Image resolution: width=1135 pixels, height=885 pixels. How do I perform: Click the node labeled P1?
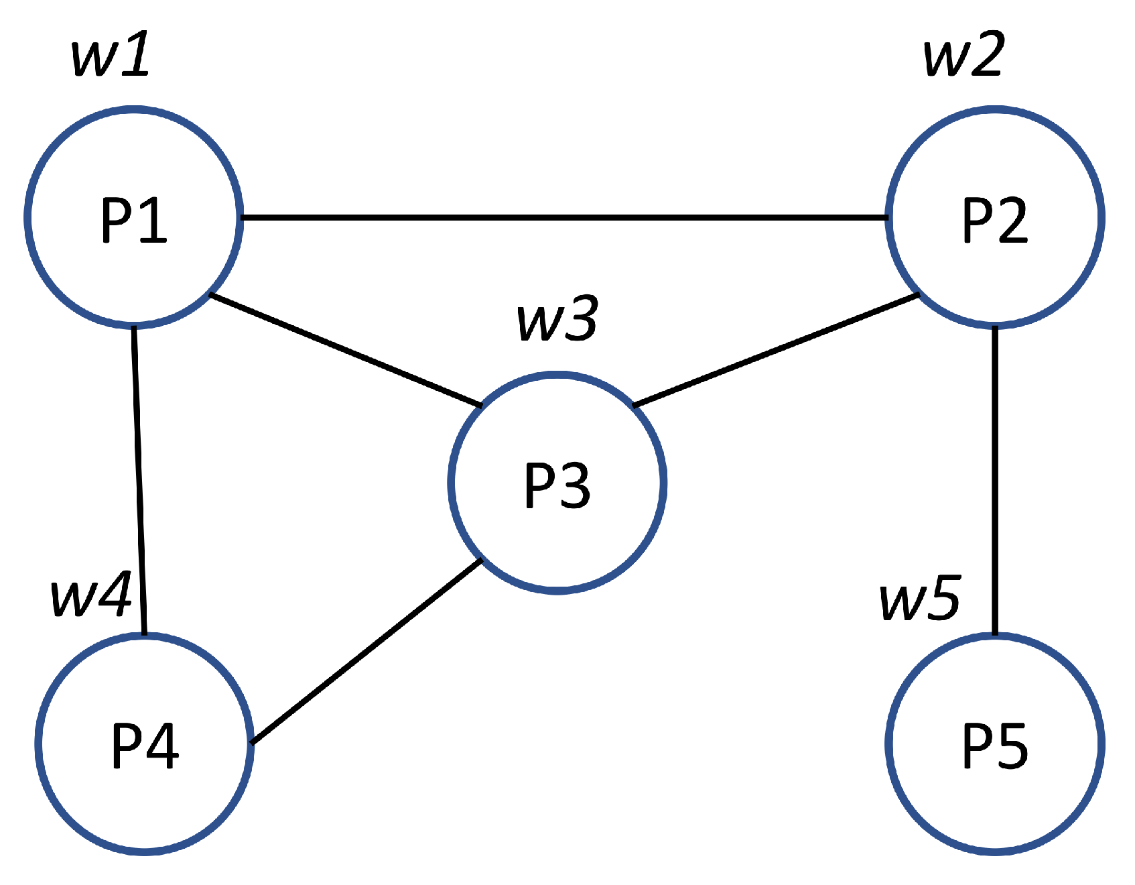click(134, 218)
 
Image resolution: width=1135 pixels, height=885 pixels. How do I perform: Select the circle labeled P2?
click(994, 218)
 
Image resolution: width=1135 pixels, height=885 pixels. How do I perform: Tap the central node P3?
click(557, 483)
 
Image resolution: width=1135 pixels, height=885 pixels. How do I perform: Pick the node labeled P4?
click(144, 744)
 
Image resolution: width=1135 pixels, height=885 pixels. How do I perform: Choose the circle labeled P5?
click(994, 744)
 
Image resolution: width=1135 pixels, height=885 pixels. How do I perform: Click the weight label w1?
click(111, 56)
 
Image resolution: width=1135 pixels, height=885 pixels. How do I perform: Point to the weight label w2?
click(964, 54)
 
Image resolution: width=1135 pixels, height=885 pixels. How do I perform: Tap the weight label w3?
click(557, 319)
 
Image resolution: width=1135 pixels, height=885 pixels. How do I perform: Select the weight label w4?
click(90, 595)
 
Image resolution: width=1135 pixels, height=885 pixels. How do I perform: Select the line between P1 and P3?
click(345, 350)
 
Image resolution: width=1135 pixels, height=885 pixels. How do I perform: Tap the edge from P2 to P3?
click(775, 350)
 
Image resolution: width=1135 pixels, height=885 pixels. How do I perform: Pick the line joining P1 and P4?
click(139, 479)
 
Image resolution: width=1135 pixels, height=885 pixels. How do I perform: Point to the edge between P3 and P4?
click(366, 652)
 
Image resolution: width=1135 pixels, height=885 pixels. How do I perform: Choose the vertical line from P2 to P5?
click(994, 479)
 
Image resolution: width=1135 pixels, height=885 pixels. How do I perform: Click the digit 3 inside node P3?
click(576, 485)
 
